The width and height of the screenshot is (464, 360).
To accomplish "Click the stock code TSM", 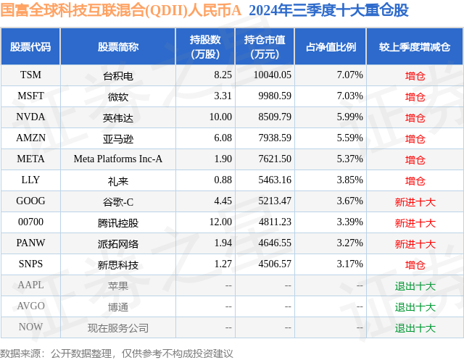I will pos(30,75).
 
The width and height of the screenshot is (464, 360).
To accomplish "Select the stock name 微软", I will pos(117,96).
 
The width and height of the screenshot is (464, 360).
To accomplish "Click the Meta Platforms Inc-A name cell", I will pos(117,159).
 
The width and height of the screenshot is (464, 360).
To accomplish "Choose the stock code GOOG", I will pos(30,201).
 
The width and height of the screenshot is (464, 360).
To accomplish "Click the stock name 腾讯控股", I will pos(117,222).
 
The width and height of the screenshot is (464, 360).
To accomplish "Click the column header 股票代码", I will pos(30,46).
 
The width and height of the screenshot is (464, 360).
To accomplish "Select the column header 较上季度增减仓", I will pos(415,46).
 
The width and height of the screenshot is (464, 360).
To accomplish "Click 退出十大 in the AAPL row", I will pos(415,285).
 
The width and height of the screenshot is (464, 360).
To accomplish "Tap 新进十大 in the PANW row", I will pos(415,243).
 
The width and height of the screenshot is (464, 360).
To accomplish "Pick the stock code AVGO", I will pos(30,306).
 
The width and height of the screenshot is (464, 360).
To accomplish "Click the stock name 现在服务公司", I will pos(117,327).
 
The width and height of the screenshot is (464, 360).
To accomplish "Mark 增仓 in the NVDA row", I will pos(415,117).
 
